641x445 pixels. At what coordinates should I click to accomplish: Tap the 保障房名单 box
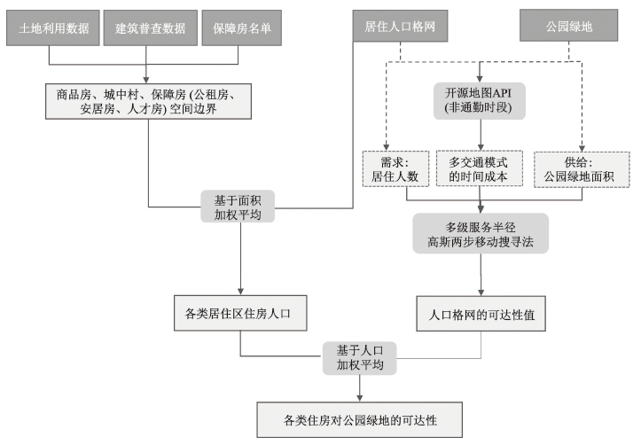click(240, 27)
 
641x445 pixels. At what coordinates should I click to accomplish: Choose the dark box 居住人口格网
click(400, 27)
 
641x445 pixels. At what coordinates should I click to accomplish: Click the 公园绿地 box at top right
click(568, 27)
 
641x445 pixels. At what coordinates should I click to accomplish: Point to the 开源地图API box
click(480, 100)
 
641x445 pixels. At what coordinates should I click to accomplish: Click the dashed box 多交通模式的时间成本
click(480, 168)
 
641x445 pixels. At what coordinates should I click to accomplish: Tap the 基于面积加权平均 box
click(238, 207)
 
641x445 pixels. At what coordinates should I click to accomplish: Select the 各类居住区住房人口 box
click(240, 313)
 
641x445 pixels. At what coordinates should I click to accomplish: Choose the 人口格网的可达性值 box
click(480, 313)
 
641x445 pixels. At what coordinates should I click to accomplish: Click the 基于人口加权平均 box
click(359, 357)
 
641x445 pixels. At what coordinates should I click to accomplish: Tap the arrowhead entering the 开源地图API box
click(480, 79)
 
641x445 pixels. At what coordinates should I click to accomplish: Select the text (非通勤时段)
click(480, 107)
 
